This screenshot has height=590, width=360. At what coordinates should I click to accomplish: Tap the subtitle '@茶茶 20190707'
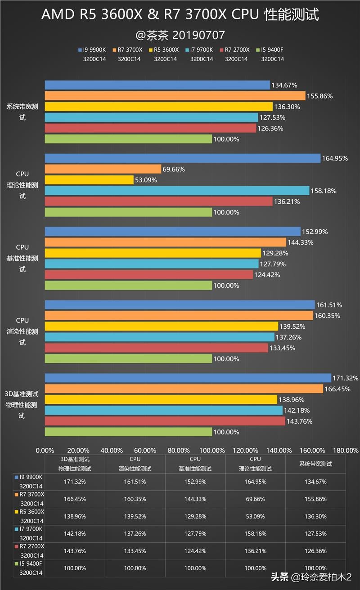tap(180, 35)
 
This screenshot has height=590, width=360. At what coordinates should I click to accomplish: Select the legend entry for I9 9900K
tap(92, 50)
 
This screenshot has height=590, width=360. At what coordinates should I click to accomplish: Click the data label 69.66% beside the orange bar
tap(174, 169)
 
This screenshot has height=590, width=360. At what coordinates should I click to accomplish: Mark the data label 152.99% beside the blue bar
tap(315, 232)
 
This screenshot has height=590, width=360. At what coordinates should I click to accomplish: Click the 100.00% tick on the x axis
tap(212, 450)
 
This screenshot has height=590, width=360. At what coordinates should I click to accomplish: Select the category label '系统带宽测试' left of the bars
tap(22, 112)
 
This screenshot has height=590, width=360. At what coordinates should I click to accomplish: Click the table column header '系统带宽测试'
tap(315, 464)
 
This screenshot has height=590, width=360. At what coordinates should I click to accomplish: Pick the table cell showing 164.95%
tap(255, 482)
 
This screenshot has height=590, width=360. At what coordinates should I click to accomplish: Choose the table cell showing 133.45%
tap(135, 551)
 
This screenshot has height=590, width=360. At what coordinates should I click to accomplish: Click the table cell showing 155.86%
tap(315, 499)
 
